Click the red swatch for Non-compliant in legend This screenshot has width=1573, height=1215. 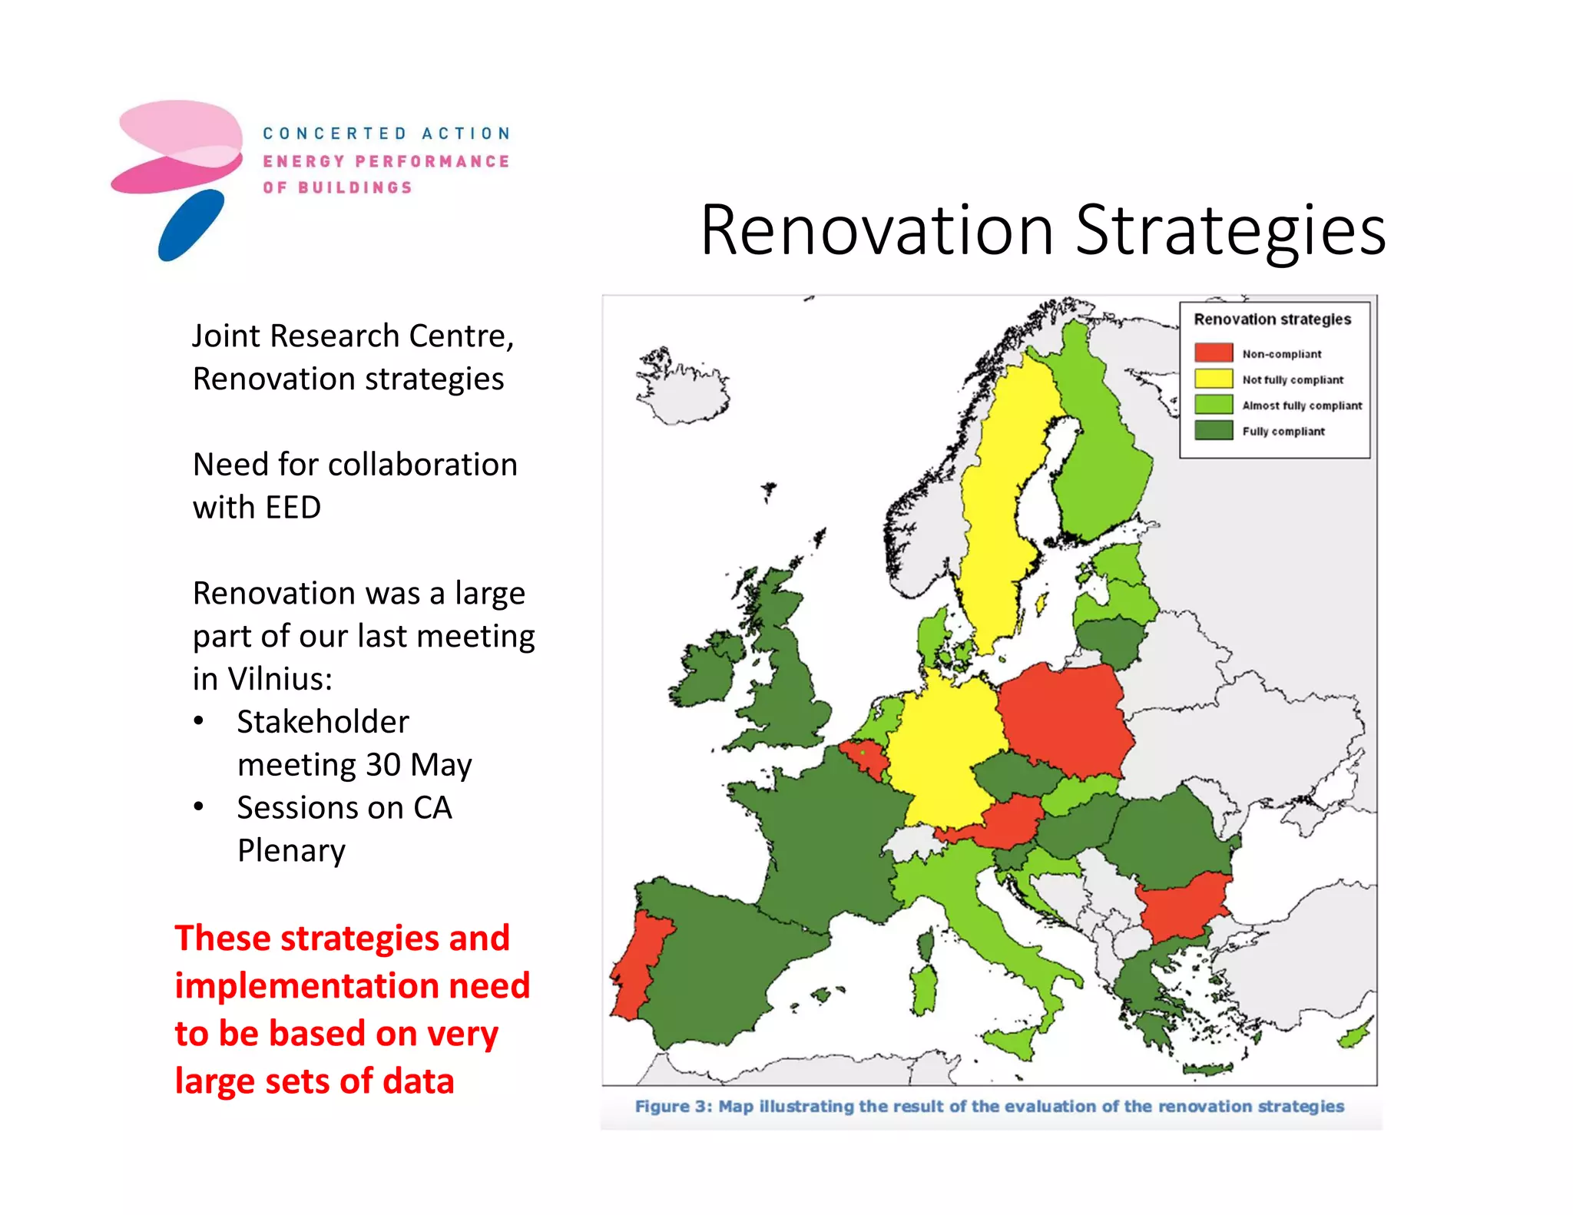click(x=1213, y=353)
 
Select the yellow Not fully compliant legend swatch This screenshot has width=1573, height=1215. click(x=1213, y=379)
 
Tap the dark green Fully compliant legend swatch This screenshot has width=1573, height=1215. click(x=1213, y=430)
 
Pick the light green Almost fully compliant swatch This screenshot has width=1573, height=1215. click(x=1213, y=405)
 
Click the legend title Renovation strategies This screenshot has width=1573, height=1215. click(x=1271, y=319)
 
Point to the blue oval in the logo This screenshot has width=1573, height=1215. click(x=190, y=225)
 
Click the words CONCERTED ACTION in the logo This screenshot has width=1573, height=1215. click(x=386, y=134)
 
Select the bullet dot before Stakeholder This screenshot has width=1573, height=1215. click(x=199, y=721)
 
